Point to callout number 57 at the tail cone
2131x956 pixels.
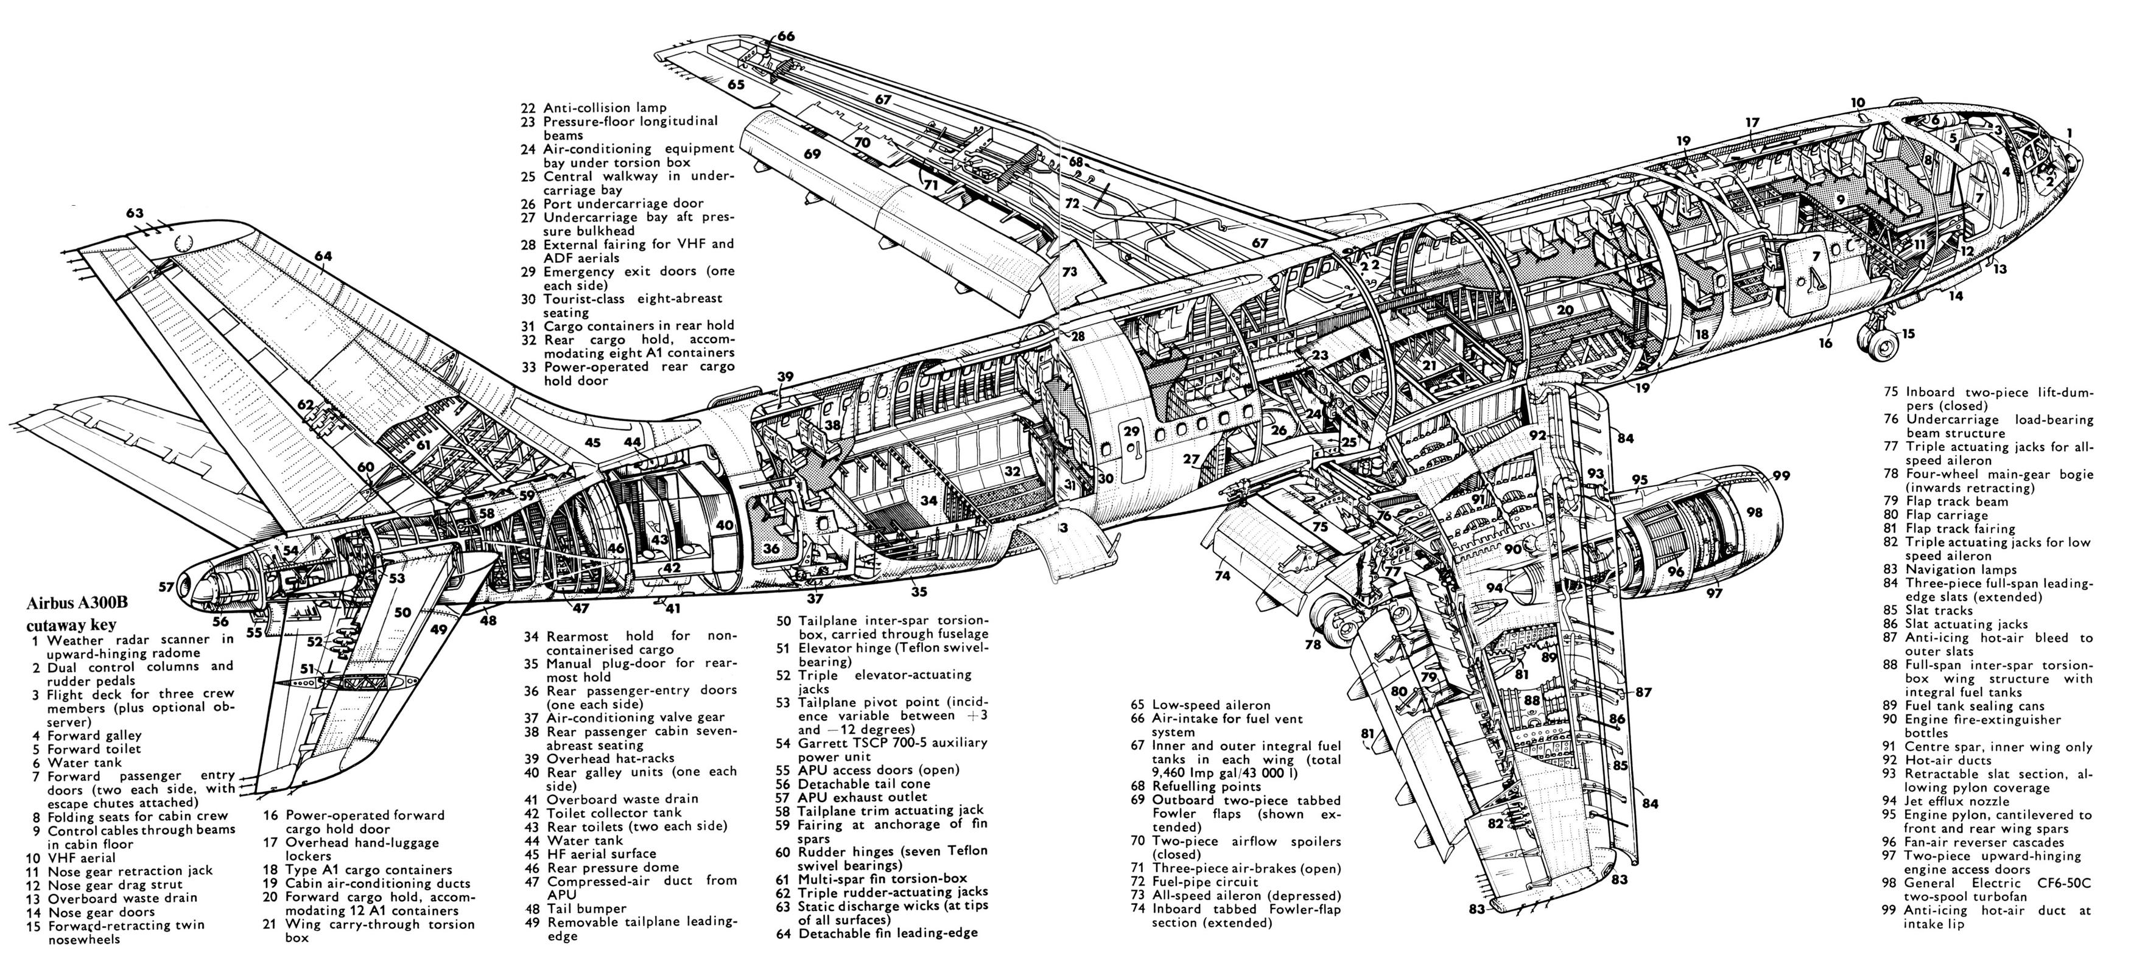[x=166, y=587]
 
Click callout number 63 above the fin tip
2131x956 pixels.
[x=135, y=214]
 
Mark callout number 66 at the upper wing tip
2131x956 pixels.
[x=785, y=37]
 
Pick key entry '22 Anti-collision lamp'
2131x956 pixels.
[x=605, y=108]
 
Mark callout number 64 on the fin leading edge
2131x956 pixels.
[x=323, y=256]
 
